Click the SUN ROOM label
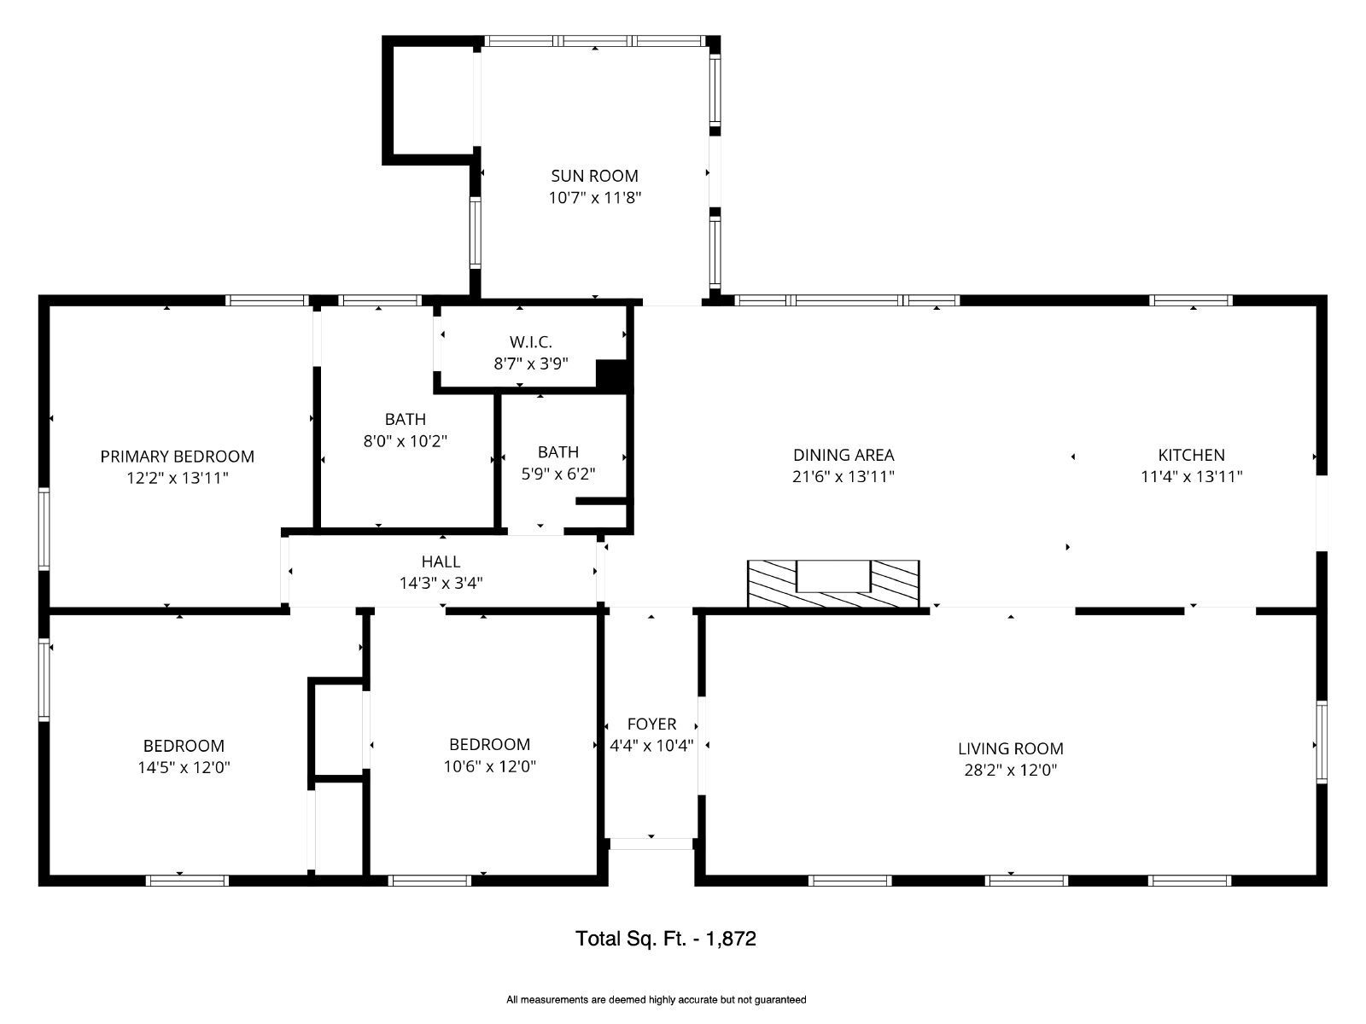pos(594,176)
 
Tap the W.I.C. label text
pos(530,342)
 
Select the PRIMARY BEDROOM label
pos(178,457)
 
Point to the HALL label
pos(441,561)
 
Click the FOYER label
pos(651,724)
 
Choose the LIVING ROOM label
pos(1010,748)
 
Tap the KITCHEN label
pos(1191,455)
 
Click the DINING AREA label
pos(844,455)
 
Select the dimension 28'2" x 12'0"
pos(1010,771)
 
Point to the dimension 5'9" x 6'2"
pos(557,474)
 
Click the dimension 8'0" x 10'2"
pos(406,441)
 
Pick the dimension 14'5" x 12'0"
pos(184,768)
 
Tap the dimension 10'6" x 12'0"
pos(489,766)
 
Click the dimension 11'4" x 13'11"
pos(1191,477)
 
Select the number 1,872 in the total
pos(730,938)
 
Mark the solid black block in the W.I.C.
pos(612,375)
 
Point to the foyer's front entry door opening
pos(651,844)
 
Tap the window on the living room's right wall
pos(1322,742)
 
